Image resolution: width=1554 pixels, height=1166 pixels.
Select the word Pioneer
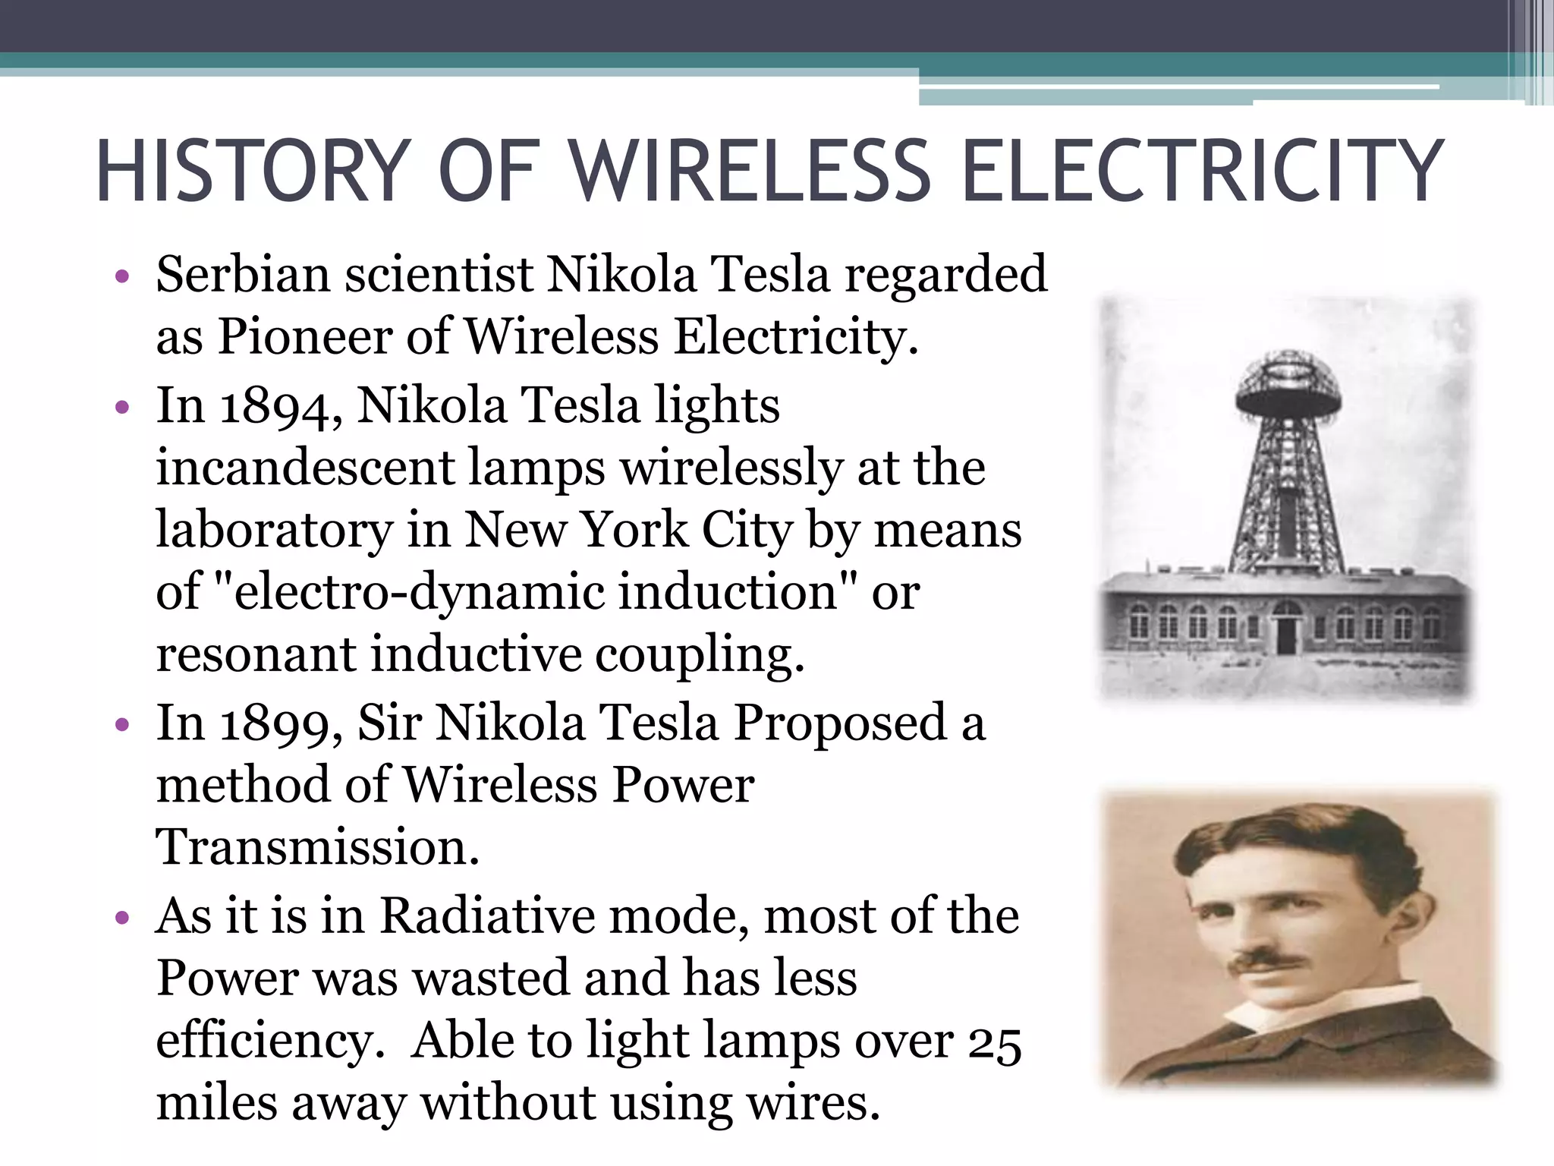tap(305, 336)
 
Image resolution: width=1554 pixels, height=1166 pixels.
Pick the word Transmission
tap(317, 848)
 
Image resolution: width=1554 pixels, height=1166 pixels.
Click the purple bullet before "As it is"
tap(122, 919)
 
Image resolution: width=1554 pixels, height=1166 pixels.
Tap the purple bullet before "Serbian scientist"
tap(122, 277)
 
